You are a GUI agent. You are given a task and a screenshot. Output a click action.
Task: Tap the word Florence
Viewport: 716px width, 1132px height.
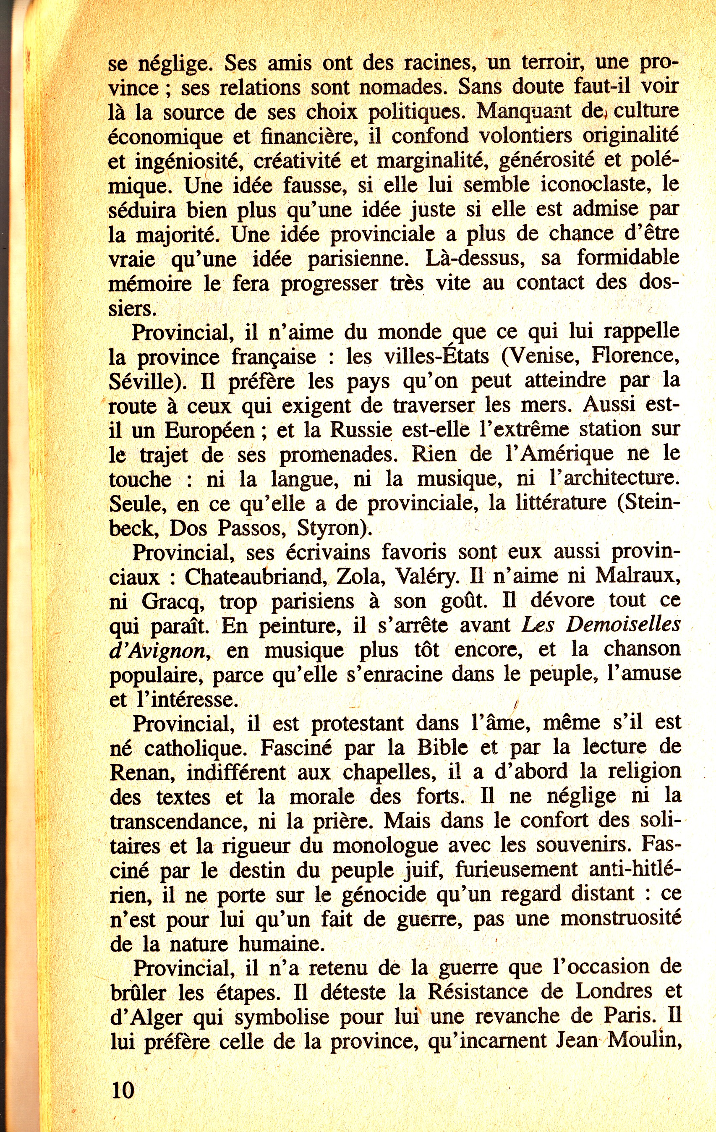[x=635, y=356]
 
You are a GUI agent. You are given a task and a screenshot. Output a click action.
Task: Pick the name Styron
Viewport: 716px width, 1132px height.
[x=331, y=528]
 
